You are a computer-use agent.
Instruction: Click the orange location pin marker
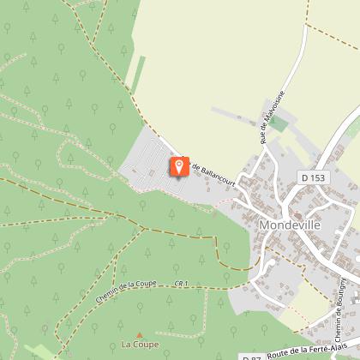click(179, 165)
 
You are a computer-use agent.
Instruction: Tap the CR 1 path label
click(179, 283)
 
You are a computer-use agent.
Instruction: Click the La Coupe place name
click(139, 345)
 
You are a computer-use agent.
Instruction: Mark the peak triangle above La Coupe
click(139, 334)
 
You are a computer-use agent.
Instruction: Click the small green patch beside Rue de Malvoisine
click(279, 123)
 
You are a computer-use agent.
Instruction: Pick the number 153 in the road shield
click(318, 177)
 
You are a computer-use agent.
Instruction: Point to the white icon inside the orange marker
click(179, 164)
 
